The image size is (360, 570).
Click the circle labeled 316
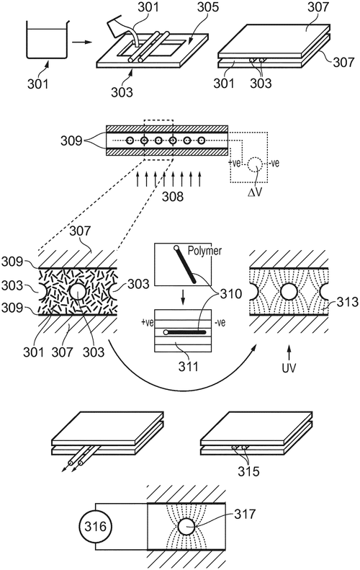95,527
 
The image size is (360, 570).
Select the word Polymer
204,251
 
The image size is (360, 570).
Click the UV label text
289,368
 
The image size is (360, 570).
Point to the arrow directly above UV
289,352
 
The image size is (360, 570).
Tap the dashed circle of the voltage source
256,164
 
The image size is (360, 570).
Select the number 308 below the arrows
173,196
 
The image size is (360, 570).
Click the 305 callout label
208,6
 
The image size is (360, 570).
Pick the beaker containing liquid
47,39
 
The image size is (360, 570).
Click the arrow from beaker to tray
81,43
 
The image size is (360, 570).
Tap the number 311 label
189,366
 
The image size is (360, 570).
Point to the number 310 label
230,293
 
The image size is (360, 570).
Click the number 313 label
348,302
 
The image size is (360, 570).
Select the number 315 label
248,471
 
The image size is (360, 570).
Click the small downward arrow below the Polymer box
183,299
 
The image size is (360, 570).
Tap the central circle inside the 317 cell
186,527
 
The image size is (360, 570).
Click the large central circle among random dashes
77,292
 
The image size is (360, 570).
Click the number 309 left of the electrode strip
71,141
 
